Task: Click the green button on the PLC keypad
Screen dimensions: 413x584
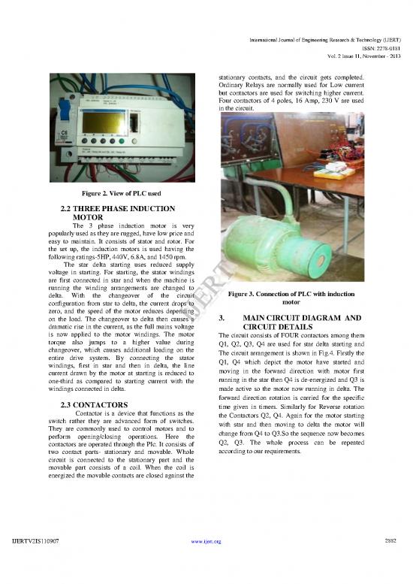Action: pyautogui.click(x=122, y=141)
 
